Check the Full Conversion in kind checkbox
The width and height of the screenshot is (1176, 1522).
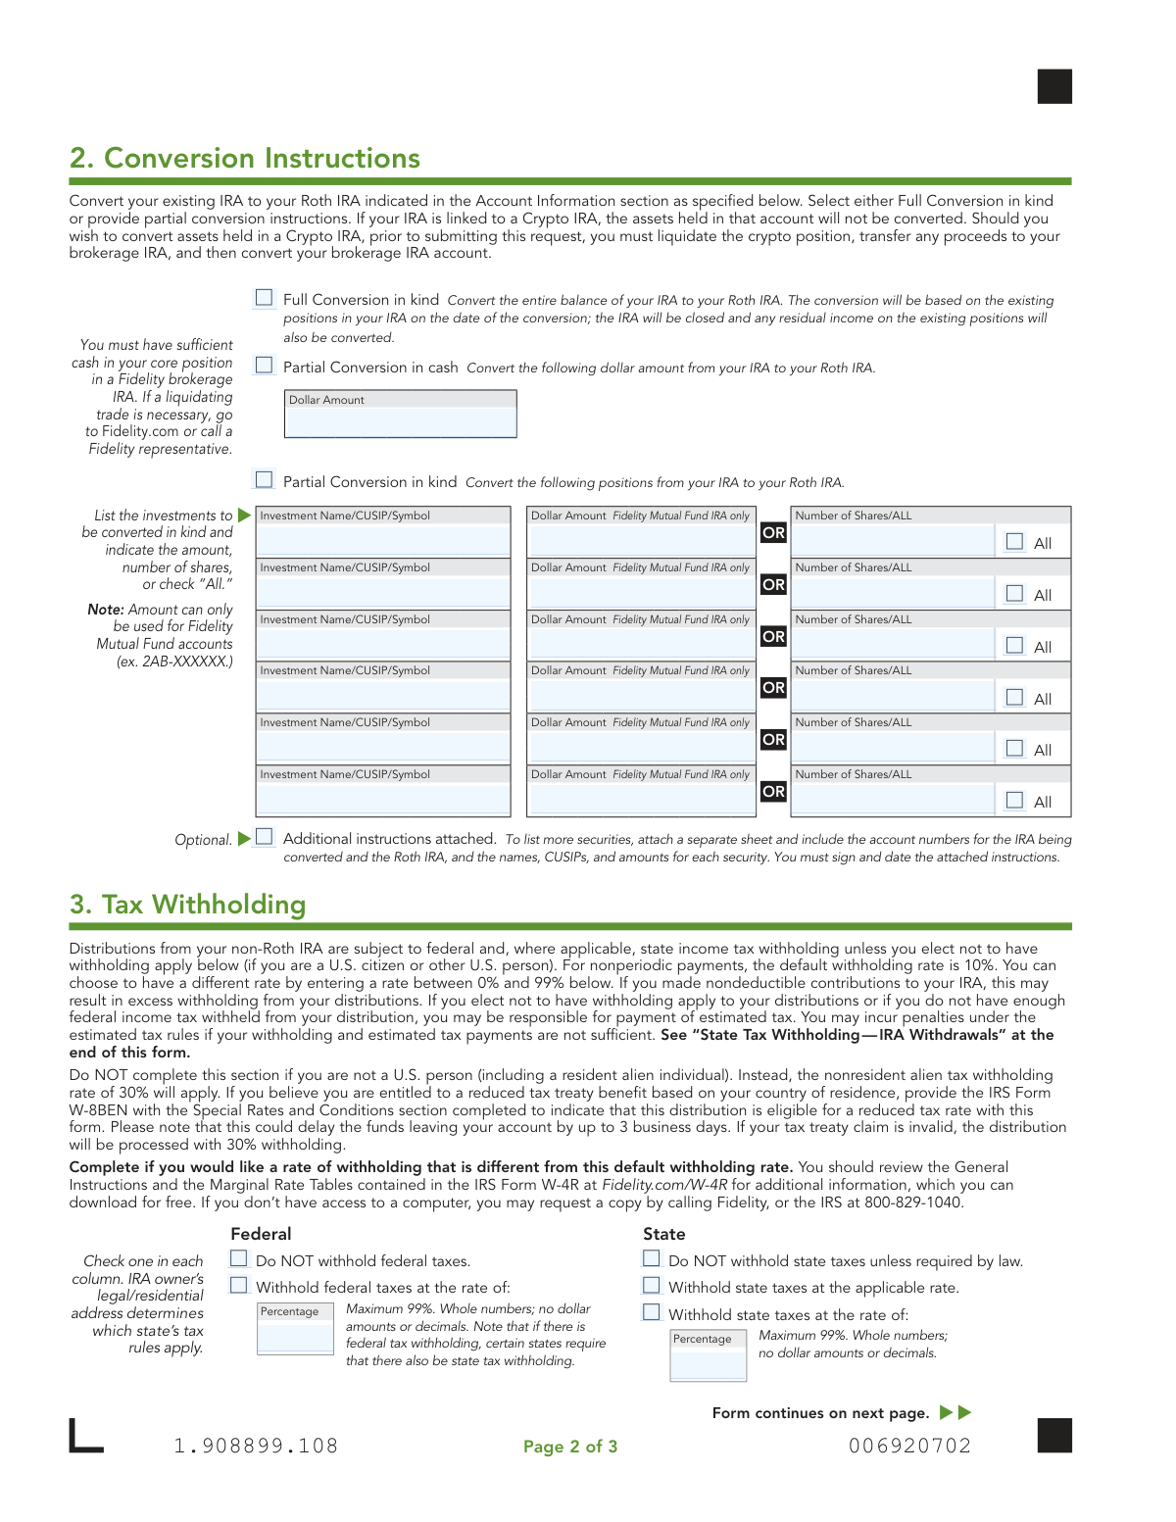tap(264, 298)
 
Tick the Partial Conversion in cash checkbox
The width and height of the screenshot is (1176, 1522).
tap(264, 366)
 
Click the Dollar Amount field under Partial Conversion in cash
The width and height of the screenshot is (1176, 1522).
tap(400, 421)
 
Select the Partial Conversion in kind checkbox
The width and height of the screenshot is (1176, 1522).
tap(264, 480)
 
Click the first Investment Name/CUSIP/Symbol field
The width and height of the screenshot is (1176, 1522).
tap(383, 539)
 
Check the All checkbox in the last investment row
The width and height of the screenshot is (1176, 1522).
tap(1015, 801)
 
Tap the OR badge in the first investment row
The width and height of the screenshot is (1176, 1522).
tap(773, 533)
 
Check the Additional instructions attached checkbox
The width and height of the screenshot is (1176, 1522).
tap(264, 837)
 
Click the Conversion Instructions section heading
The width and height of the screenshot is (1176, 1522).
tap(245, 158)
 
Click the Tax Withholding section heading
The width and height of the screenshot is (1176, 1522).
tap(188, 904)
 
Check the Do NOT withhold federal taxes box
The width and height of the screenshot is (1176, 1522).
tap(239, 1259)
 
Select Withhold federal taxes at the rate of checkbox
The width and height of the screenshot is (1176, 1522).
tap(239, 1286)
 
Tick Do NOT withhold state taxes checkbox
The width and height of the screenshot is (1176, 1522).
tap(652, 1259)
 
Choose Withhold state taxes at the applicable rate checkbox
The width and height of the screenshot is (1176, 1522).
tap(652, 1286)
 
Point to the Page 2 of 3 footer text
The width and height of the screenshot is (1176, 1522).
tap(570, 1447)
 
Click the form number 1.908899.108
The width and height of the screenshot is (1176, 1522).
tap(256, 1446)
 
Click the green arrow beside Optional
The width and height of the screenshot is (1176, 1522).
tap(244, 839)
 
